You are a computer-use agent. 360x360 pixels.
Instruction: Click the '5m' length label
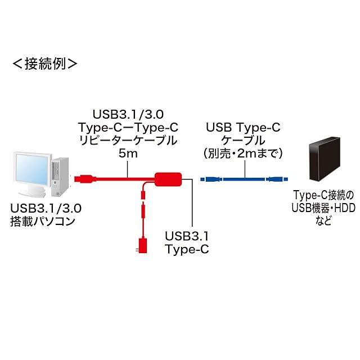point(129,152)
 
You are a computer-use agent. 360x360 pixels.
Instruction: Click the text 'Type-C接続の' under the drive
point(323,195)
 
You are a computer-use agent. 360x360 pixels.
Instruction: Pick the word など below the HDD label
point(323,222)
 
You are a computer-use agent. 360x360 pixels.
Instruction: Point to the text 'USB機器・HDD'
point(323,208)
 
